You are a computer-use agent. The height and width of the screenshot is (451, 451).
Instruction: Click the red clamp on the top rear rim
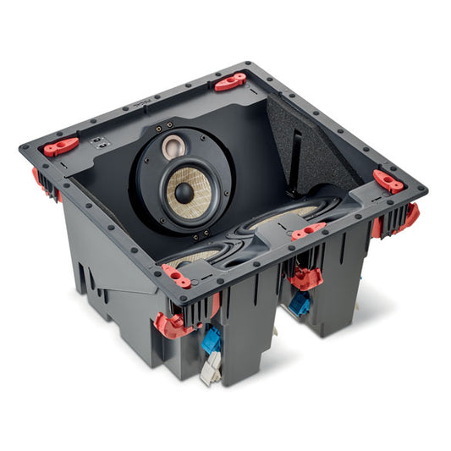pyautogui.click(x=229, y=81)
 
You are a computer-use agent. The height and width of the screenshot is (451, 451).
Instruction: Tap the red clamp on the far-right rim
pyautogui.click(x=388, y=180)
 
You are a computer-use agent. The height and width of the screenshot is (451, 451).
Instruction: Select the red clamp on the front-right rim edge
pyautogui.click(x=308, y=229)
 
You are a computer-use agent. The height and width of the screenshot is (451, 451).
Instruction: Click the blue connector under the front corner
pyautogui.click(x=212, y=338)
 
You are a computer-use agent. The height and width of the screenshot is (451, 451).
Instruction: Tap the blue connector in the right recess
pyautogui.click(x=300, y=304)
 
